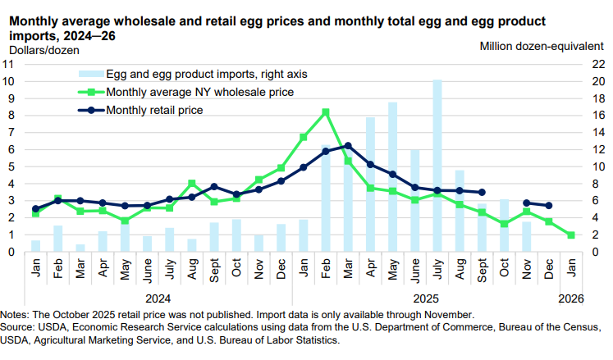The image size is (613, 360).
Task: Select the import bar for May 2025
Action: click(x=393, y=177)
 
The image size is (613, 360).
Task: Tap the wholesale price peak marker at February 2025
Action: click(x=326, y=112)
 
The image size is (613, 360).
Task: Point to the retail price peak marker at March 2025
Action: click(x=348, y=146)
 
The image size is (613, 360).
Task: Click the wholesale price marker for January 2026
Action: click(x=571, y=235)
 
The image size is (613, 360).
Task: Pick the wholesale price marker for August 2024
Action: click(x=192, y=184)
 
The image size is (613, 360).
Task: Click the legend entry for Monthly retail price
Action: click(x=154, y=109)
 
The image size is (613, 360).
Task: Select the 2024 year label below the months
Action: click(x=158, y=298)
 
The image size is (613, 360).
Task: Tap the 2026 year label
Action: click(x=571, y=298)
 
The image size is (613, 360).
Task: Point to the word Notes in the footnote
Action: click(x=15, y=314)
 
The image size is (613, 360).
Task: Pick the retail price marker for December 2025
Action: click(x=549, y=206)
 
